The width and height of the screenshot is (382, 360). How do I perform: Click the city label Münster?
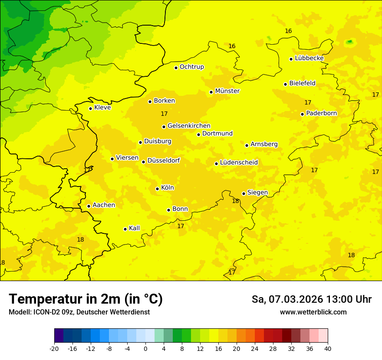click(227, 91)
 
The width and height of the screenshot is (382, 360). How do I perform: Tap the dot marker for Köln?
click(157, 189)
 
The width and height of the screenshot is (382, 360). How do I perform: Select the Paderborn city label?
click(321, 113)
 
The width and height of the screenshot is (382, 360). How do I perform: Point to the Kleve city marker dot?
click(90, 108)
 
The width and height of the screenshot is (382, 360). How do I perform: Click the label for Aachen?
click(104, 205)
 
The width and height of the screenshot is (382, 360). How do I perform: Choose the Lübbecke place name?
click(309, 58)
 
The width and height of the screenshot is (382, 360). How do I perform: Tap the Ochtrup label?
click(191, 67)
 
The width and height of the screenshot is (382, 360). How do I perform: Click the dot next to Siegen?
click(244, 193)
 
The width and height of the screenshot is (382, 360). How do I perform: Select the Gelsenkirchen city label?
click(189, 126)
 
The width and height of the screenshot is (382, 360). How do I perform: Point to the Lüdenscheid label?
click(239, 163)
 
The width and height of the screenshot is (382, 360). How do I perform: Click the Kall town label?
click(134, 228)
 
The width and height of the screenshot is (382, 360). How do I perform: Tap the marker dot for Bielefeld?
click(285, 84)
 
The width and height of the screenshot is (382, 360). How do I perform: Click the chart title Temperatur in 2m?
click(86, 299)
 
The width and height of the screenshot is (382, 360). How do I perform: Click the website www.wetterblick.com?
click(313, 312)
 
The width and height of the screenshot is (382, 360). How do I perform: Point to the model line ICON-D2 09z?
click(79, 312)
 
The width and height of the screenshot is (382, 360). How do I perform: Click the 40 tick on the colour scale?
click(328, 348)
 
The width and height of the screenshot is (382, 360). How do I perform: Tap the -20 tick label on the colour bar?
click(54, 348)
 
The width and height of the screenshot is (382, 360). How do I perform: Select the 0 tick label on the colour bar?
click(145, 348)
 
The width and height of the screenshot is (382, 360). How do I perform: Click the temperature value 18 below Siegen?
click(235, 201)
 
